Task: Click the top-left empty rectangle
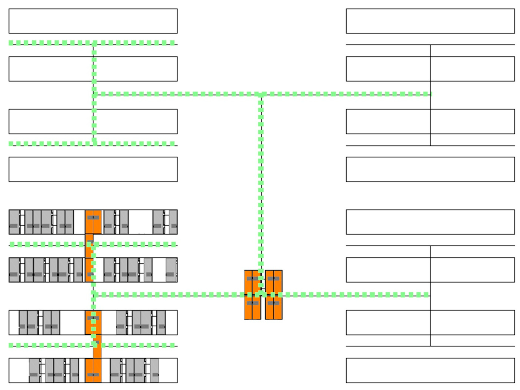pyautogui.click(x=93, y=21)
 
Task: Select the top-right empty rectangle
pyautogui.click(x=430, y=21)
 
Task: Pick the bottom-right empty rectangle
pyautogui.click(x=430, y=370)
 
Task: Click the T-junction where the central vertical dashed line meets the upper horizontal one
pyautogui.click(x=261, y=94)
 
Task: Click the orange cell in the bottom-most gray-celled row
pyautogui.click(x=93, y=370)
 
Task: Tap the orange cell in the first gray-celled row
pyautogui.click(x=93, y=222)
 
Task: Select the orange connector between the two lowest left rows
pyautogui.click(x=97, y=346)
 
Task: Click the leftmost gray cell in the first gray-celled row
pyautogui.click(x=14, y=222)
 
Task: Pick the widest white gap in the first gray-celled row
pyautogui.click(x=140, y=222)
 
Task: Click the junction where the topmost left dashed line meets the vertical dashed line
pyautogui.click(x=94, y=43)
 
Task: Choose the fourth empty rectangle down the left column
pyautogui.click(x=93, y=169)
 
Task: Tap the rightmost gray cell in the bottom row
pyautogui.click(x=154, y=370)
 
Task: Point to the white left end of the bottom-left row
pyautogui.click(x=19, y=370)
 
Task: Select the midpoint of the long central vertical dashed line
pyautogui.click(x=261, y=183)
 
